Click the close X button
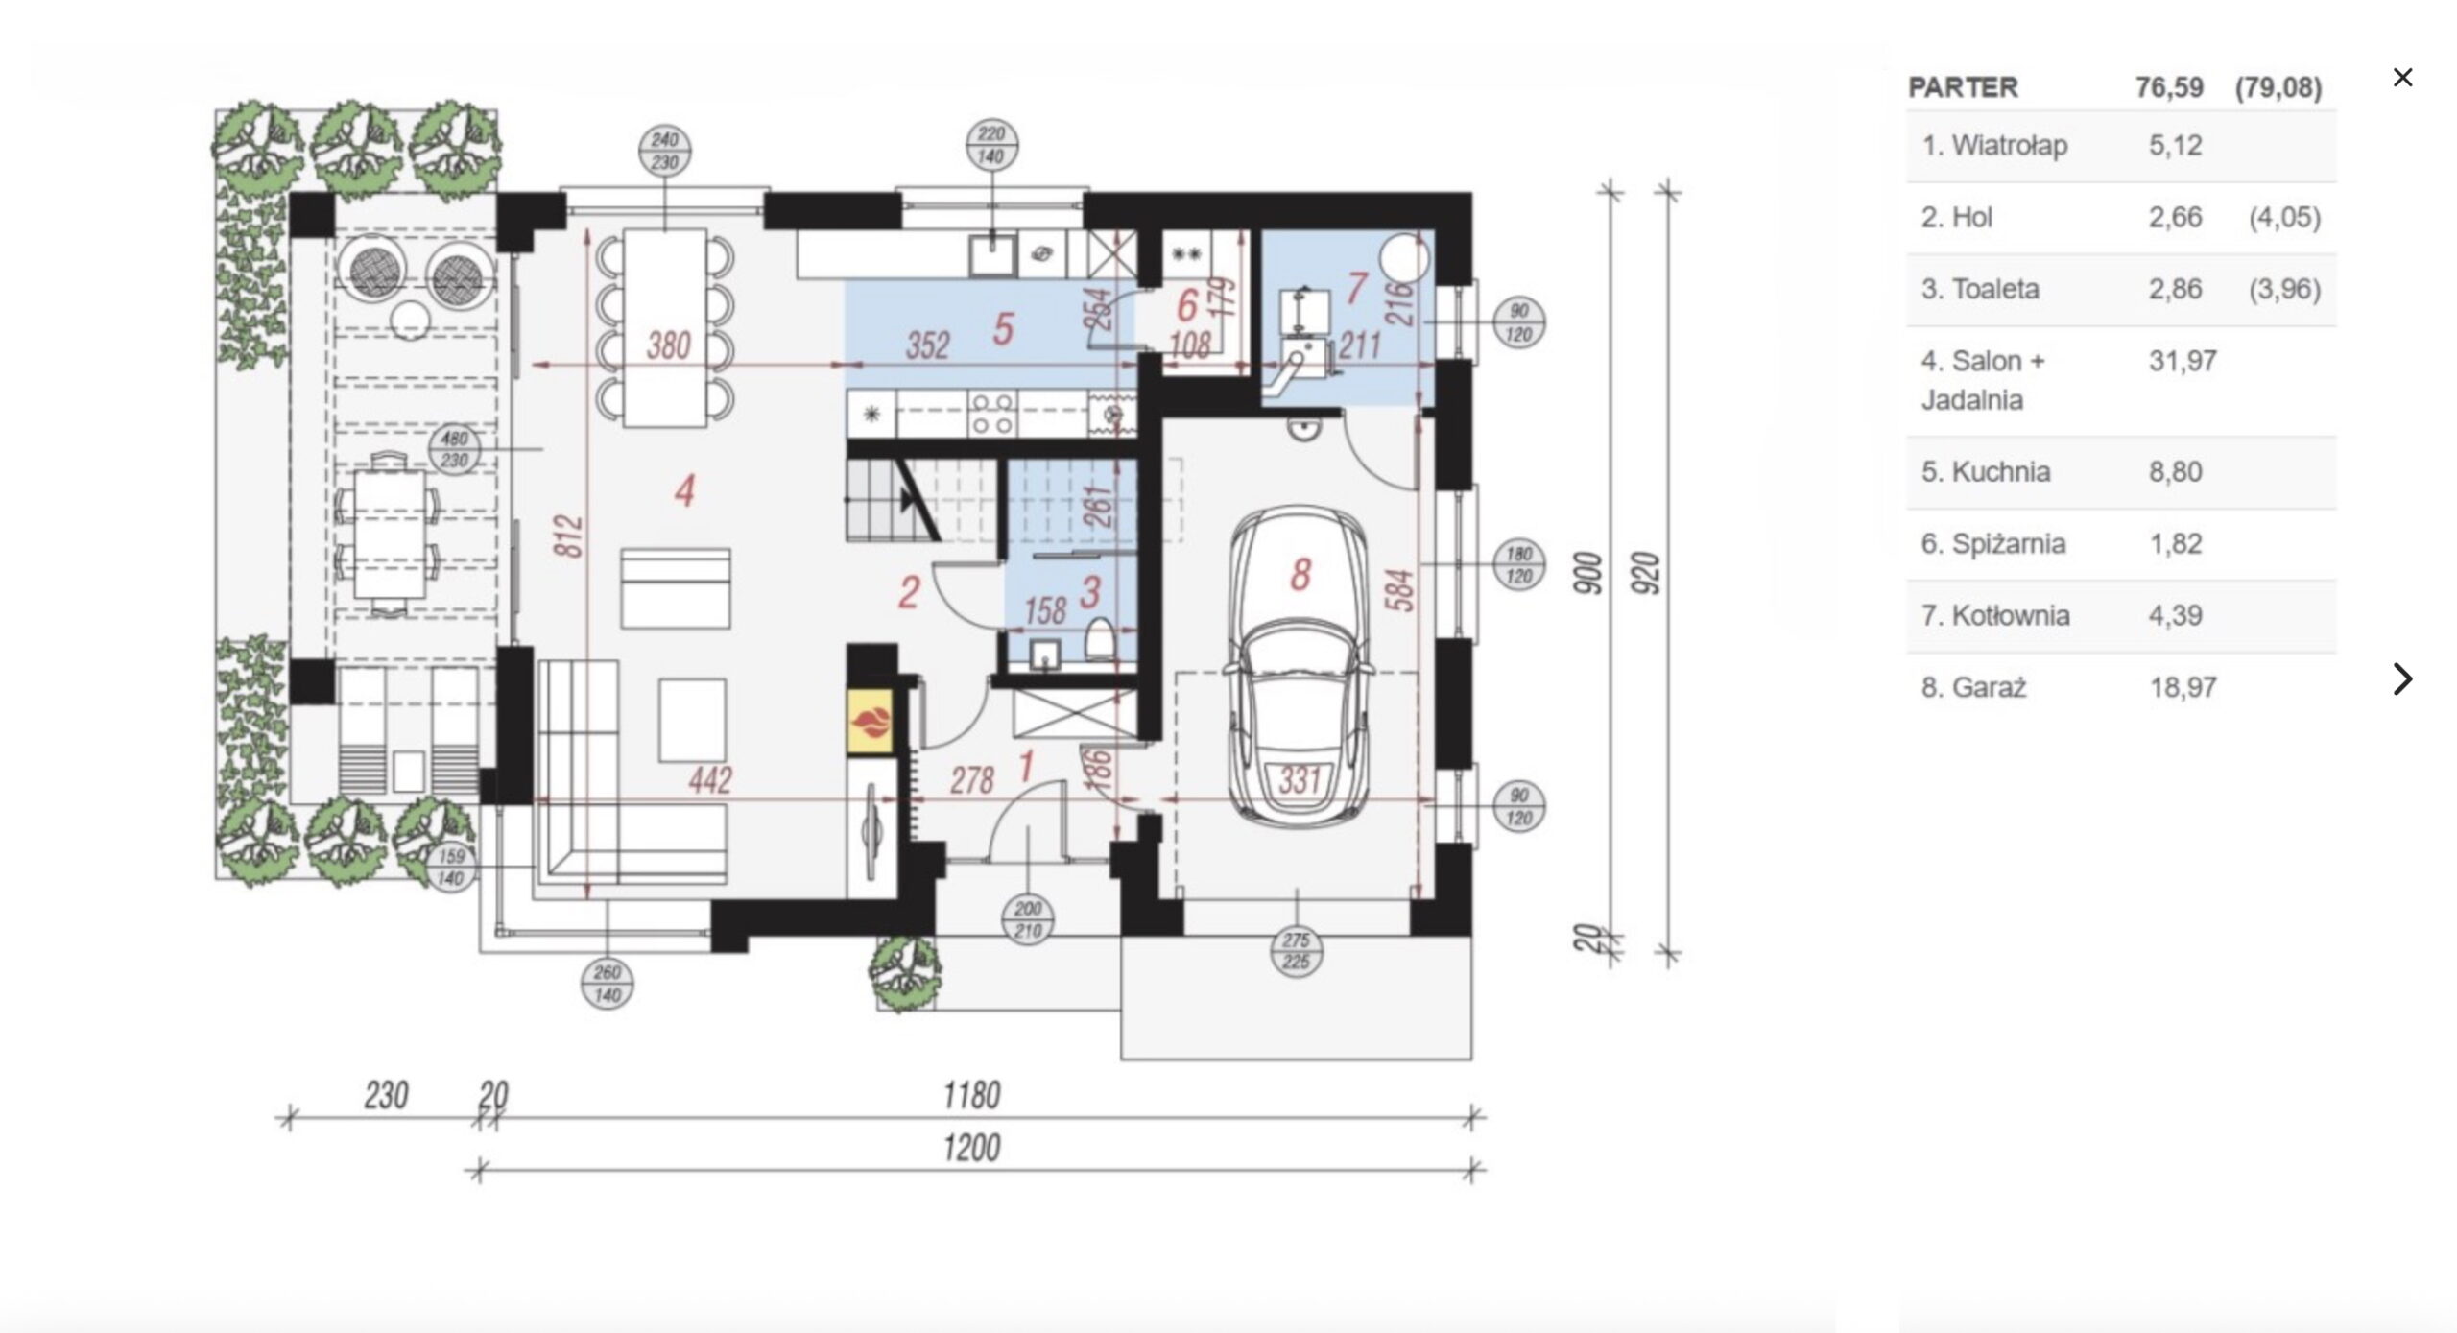(x=2402, y=78)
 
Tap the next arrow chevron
(x=2402, y=678)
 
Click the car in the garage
(x=1300, y=666)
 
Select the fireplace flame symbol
(x=871, y=720)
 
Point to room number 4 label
(x=684, y=491)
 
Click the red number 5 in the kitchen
(x=1003, y=329)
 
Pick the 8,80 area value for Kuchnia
(x=2175, y=472)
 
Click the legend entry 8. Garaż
(x=1973, y=688)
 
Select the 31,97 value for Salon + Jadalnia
(x=2183, y=362)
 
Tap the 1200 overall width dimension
(x=971, y=1148)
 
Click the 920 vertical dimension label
(x=1647, y=573)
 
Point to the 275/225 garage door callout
(x=1297, y=951)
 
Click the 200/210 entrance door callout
(x=1027, y=919)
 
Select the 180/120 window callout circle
(x=1519, y=564)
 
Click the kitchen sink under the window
(x=988, y=254)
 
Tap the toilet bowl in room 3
(x=1100, y=639)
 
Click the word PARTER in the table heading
(x=1962, y=87)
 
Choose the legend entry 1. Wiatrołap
(x=1994, y=146)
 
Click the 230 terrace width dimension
(x=386, y=1095)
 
